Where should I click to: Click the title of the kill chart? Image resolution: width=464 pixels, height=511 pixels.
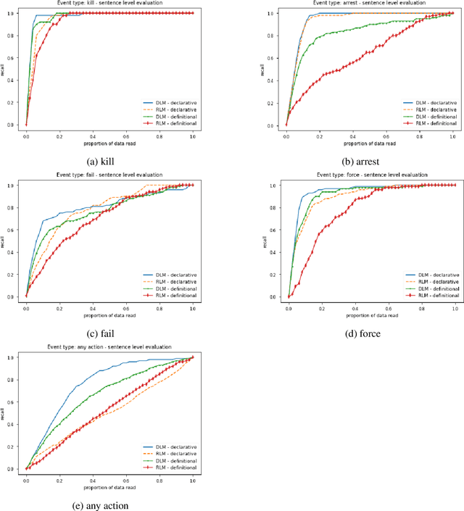(109, 4)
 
